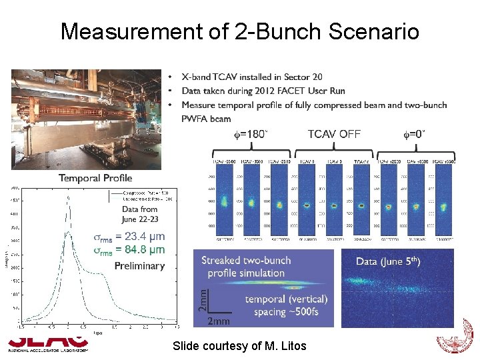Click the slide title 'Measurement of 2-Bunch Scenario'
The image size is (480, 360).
point(239,31)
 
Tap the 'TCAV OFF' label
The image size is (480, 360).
point(334,134)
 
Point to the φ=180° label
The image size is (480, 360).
point(250,134)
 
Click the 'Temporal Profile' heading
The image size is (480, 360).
point(95,178)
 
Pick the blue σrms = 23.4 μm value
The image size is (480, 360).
point(129,236)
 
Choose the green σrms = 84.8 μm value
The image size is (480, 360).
point(129,250)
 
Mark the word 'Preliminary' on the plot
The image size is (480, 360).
point(139,265)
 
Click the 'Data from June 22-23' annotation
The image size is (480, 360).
point(140,214)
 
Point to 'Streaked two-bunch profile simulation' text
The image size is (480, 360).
point(246,267)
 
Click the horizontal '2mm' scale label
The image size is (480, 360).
point(219,321)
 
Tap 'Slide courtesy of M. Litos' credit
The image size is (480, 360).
point(239,346)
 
